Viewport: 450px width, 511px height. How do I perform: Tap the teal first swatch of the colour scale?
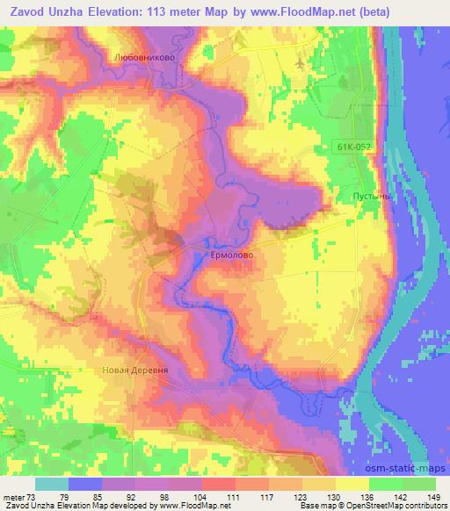52,484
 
